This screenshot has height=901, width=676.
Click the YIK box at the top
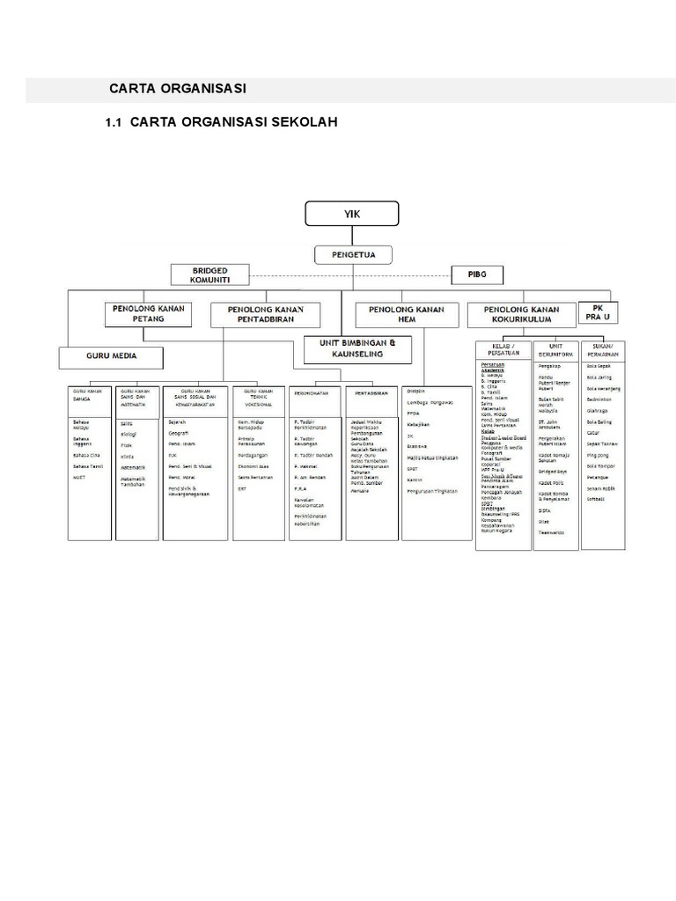(352, 213)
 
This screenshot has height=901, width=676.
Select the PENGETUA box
(351, 255)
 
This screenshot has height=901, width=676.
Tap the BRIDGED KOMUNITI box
(210, 275)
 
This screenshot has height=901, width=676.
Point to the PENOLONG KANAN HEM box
(406, 315)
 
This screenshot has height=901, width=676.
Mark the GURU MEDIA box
(112, 357)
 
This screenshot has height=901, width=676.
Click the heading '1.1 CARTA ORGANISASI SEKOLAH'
(221, 122)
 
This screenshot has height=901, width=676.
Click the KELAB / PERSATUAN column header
(502, 349)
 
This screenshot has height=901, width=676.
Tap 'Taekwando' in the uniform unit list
(552, 532)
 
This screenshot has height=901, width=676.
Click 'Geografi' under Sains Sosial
(179, 433)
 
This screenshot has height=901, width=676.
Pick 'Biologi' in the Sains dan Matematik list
(129, 433)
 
